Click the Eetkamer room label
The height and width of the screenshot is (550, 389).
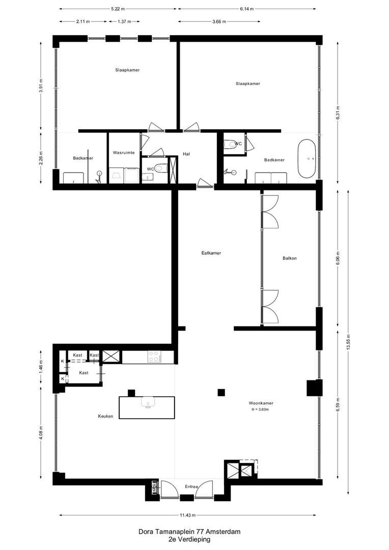[211, 253]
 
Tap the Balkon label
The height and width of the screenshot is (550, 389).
[290, 258]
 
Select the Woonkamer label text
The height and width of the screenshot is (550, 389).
[261, 403]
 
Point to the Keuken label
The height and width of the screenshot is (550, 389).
[105, 417]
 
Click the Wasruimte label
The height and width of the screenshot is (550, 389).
[124, 153]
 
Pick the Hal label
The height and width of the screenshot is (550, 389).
[186, 154]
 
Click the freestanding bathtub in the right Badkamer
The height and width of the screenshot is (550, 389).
[307, 158]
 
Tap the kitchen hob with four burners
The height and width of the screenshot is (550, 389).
[154, 356]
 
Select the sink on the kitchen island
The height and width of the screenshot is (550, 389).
[148, 402]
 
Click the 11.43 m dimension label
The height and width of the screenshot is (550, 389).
[188, 515]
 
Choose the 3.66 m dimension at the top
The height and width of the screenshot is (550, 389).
[219, 21]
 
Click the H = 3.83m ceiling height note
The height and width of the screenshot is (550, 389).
[260, 409]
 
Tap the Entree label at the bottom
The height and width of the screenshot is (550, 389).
[191, 486]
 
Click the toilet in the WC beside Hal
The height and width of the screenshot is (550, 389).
[161, 169]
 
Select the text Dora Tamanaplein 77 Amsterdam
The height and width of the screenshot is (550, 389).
[189, 532]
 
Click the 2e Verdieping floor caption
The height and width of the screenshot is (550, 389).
[189, 539]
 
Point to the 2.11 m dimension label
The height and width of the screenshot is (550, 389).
[83, 21]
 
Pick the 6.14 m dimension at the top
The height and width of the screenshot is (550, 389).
[247, 9]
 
